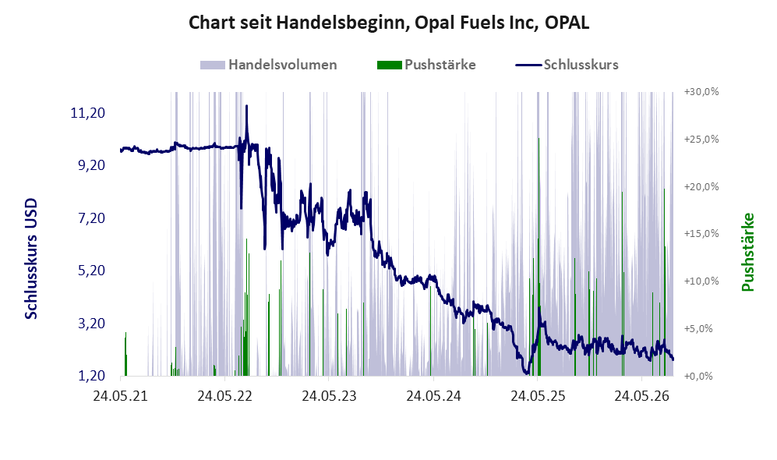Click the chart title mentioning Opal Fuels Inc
(388, 23)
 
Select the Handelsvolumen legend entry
(269, 65)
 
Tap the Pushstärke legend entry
(426, 65)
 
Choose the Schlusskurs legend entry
(567, 65)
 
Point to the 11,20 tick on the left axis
(88, 113)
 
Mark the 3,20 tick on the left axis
(92, 324)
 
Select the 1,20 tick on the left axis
(92, 376)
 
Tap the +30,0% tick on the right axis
(701, 92)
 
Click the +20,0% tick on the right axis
(701, 186)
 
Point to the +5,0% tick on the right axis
(699, 329)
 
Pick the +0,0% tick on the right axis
(699, 377)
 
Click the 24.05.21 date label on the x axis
(121, 396)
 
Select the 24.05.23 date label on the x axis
(329, 396)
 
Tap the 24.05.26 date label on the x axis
(641, 396)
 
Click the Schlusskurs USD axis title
(31, 259)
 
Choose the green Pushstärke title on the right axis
(747, 253)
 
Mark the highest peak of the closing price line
(246, 105)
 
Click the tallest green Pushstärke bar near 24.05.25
(539, 257)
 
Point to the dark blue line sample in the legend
(528, 65)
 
